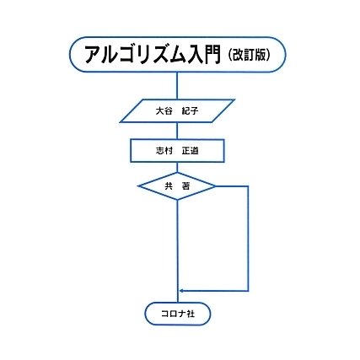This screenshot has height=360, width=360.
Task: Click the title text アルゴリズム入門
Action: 152,55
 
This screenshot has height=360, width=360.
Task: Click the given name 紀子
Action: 190,111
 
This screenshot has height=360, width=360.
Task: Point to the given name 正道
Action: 190,151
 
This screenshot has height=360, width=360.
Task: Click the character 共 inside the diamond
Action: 169,186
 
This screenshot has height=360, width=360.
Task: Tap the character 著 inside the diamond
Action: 185,186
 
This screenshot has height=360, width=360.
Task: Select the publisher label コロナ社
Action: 178,314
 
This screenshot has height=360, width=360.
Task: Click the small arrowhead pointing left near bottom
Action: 182,291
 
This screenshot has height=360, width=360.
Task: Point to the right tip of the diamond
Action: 215,186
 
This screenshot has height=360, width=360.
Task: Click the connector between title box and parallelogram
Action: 177,86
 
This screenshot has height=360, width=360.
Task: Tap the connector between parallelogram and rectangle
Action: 177,131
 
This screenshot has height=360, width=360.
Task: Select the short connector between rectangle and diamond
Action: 177,167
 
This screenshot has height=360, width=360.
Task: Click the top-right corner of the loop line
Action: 248,186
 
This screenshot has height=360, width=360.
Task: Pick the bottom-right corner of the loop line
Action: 248,291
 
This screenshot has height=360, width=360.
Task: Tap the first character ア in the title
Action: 93,55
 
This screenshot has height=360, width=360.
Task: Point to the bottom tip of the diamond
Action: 177,199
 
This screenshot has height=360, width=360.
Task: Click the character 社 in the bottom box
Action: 191,314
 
